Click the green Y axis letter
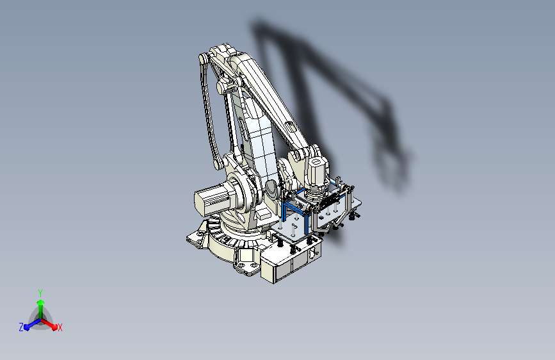tap(40, 291)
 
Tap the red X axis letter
tap(60, 328)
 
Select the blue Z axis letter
tap(21, 327)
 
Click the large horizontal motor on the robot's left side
tap(211, 199)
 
